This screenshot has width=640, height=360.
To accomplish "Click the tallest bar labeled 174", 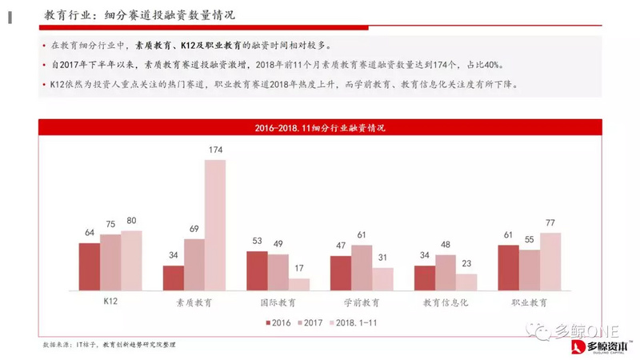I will point(215,224).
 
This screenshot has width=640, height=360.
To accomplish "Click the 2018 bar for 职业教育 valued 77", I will point(550,261).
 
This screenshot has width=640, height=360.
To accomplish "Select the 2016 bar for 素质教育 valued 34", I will point(173,277).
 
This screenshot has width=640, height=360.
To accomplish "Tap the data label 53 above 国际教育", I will point(256,242).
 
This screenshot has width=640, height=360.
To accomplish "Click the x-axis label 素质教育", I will point(194,303).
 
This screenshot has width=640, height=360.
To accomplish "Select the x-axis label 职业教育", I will point(530,303).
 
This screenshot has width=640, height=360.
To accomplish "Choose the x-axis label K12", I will point(110,303).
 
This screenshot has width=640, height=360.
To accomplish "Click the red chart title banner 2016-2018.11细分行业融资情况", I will point(320,127).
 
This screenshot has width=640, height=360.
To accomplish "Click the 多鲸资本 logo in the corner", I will point(600,346).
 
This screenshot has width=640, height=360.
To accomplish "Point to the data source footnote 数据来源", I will point(109,344).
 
